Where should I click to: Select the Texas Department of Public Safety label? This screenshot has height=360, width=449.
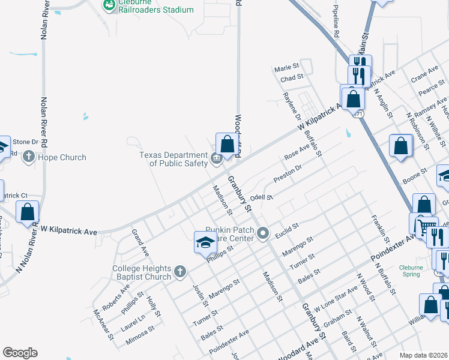174,158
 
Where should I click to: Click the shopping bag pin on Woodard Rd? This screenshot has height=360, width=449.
228,144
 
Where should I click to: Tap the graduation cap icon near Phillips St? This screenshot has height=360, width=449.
205,242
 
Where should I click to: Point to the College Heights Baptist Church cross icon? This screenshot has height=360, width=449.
179,272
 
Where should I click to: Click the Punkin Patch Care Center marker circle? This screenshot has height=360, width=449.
262,233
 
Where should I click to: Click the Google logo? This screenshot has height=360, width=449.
20,353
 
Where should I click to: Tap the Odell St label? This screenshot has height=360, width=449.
262,197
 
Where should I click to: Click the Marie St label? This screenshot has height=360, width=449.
286,68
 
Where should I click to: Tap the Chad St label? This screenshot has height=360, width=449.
292,77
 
